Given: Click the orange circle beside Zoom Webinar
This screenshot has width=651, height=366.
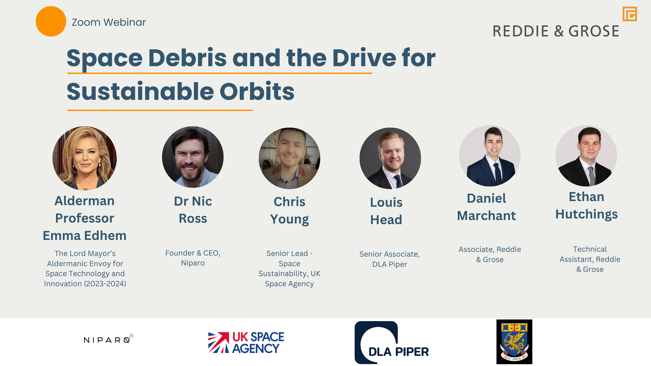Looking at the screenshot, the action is [x=51, y=21].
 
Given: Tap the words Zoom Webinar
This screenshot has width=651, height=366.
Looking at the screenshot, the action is [x=109, y=22].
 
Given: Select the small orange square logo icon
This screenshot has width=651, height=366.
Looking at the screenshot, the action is [x=630, y=14].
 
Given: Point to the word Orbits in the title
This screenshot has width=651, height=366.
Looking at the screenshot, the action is [x=257, y=91].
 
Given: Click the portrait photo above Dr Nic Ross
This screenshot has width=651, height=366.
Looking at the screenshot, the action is [x=193, y=157].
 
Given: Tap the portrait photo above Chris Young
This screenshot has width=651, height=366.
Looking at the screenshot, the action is [x=289, y=158].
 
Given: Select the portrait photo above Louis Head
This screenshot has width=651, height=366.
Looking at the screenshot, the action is [x=390, y=158].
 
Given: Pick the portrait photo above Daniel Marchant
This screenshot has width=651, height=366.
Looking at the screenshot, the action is [x=490, y=156].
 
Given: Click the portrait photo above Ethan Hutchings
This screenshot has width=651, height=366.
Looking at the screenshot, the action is [x=586, y=156].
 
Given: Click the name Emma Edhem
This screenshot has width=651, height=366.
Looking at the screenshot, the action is [x=85, y=235].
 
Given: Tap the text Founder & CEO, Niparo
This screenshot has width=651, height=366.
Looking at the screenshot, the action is [x=193, y=258].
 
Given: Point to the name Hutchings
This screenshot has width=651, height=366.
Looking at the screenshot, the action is [x=587, y=214].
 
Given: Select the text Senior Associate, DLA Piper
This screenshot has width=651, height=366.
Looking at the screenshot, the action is [x=390, y=259].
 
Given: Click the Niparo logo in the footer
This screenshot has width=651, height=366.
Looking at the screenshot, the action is [x=108, y=338].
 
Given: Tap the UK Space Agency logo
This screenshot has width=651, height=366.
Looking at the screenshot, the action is [x=246, y=343].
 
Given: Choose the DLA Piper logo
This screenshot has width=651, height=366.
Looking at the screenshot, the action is [x=392, y=343].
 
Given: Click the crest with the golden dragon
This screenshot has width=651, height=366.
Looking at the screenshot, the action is [x=514, y=342].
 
